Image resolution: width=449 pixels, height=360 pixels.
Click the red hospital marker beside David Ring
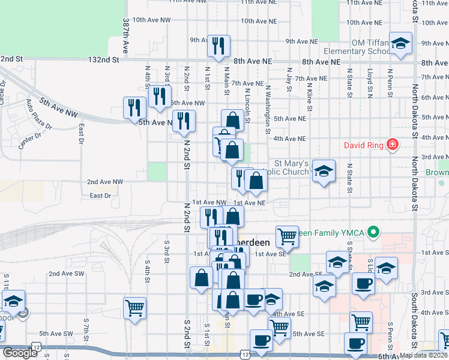(x=392, y=145)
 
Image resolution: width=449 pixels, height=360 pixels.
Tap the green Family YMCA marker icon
(x=373, y=231)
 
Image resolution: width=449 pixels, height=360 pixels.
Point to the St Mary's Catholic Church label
(x=291, y=167)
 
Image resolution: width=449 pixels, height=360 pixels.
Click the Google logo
(x=19, y=353)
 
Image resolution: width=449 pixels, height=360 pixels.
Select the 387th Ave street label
(x=126, y=34)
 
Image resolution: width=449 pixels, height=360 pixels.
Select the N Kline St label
(x=310, y=96)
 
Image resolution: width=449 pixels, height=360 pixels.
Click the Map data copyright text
(x=424, y=355)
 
